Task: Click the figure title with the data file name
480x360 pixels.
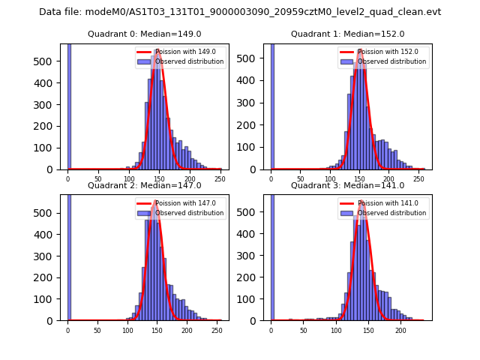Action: (x=240, y=12)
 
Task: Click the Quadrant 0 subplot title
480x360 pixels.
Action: (x=145, y=34)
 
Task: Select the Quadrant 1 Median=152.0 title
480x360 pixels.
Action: (x=347, y=34)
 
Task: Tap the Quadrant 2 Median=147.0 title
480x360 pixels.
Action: (x=145, y=185)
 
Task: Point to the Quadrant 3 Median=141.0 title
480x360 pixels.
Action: (x=347, y=185)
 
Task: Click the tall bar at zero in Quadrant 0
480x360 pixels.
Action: (x=69, y=105)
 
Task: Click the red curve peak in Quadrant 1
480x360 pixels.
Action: (x=361, y=50)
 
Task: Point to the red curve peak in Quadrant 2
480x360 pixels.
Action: (x=155, y=201)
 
